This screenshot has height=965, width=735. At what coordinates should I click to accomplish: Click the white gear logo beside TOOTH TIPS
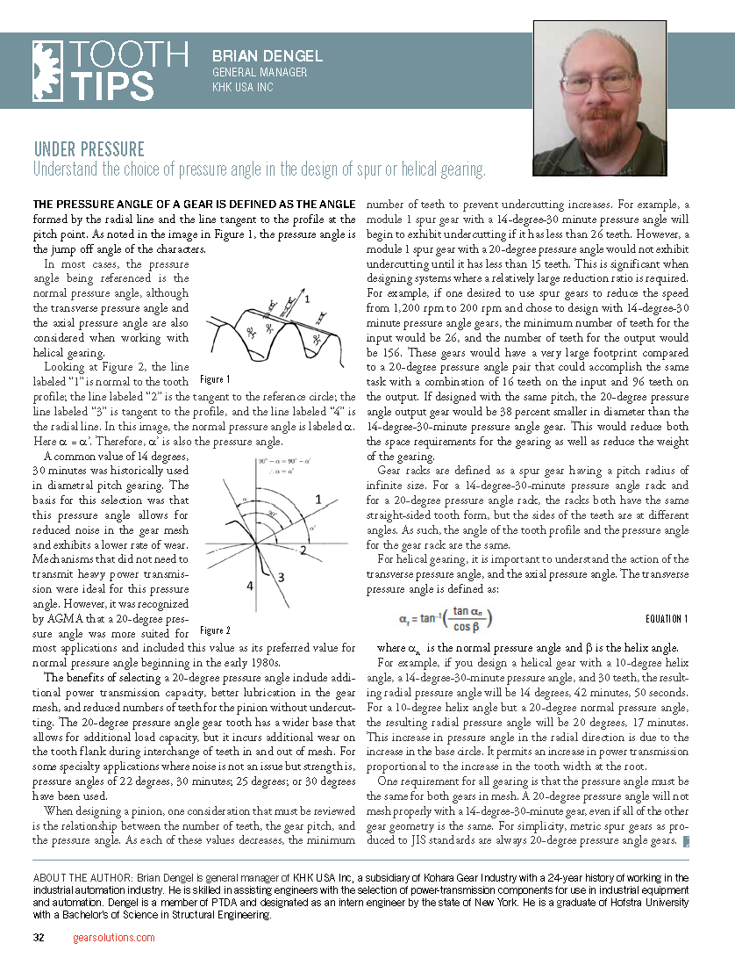coord(49,69)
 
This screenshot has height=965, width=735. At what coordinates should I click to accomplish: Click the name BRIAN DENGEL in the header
coord(268,56)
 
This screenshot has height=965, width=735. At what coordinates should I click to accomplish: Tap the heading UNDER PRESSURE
coord(89,149)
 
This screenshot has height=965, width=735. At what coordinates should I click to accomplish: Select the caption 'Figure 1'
coord(214,379)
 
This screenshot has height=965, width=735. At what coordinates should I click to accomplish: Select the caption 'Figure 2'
coord(214,630)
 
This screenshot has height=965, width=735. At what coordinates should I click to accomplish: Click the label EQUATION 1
coord(666,619)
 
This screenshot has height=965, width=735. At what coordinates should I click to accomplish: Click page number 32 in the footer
coord(39,938)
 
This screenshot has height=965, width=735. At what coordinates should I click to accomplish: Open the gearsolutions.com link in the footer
coord(114,938)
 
